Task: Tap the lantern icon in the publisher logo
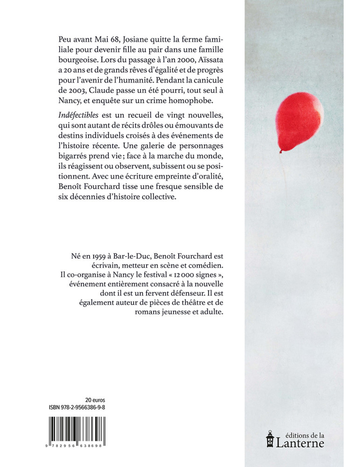tap(269, 438)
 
